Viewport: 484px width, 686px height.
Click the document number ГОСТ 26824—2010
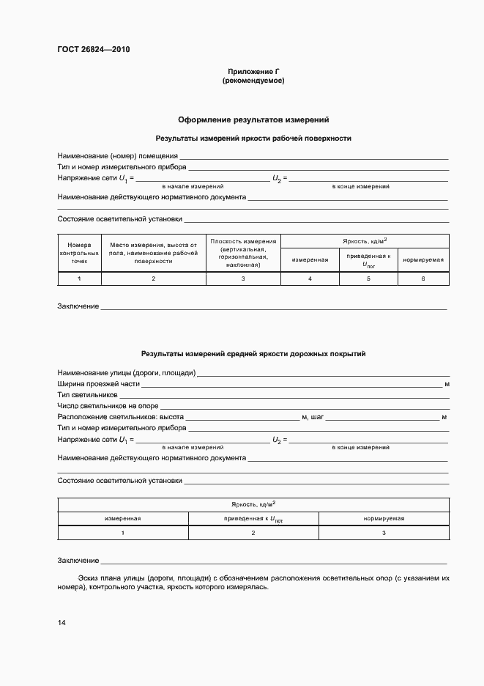tap(93, 50)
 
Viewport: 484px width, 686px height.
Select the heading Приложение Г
tap(253, 72)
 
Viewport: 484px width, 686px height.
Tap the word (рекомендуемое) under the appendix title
tap(253, 81)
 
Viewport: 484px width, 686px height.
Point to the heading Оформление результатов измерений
tap(253, 119)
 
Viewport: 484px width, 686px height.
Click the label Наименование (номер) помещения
tap(117, 155)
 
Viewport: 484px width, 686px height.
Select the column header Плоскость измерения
tap(243, 252)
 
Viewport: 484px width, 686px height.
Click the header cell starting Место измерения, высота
tap(154, 252)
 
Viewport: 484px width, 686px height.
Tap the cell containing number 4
tap(310, 279)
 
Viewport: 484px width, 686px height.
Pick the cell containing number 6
tap(422, 279)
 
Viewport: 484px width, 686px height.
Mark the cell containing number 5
tap(368, 279)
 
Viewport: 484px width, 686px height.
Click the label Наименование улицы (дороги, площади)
tap(126, 373)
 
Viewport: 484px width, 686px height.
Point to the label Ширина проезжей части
tap(98, 384)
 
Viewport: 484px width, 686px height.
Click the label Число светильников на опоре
tap(108, 405)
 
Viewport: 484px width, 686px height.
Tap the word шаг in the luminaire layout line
tap(316, 416)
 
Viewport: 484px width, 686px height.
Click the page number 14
tap(62, 623)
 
